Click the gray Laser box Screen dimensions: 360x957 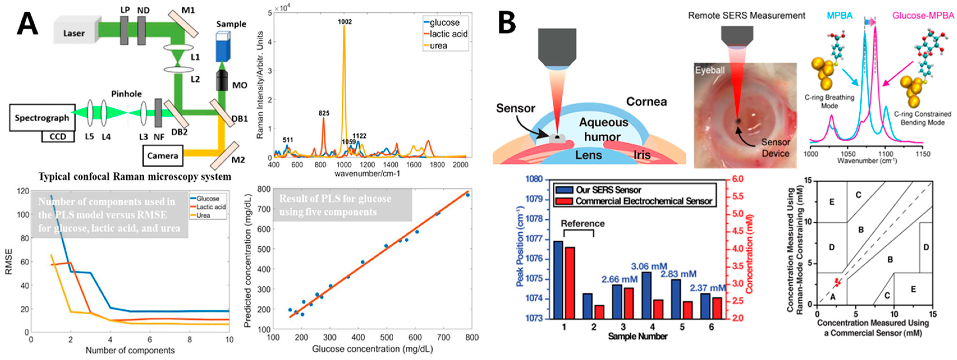tap(74, 33)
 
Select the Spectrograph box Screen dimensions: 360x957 tap(42, 118)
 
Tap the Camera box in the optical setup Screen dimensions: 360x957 tap(163, 156)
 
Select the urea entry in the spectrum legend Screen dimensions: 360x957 tap(438, 46)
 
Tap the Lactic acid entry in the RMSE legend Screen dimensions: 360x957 tap(211, 207)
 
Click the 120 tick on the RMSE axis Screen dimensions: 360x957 tap(23, 191)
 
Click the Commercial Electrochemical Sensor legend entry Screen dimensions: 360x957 tap(643, 201)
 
